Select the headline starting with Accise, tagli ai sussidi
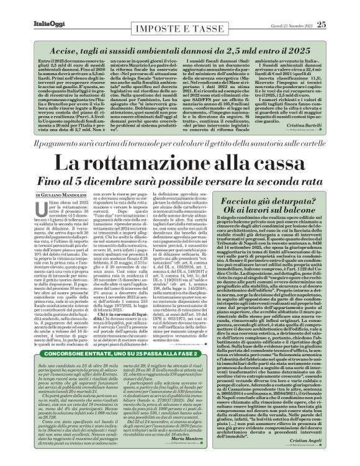coord(180,46)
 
